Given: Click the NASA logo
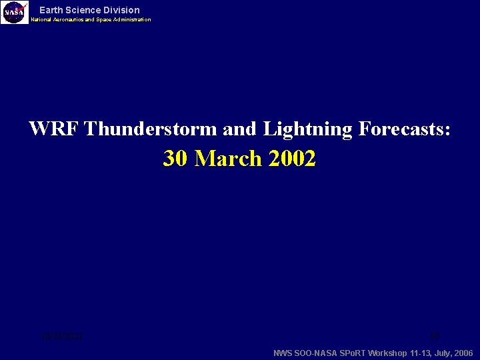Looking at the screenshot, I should [15, 12].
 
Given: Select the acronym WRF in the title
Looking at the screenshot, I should [53, 129].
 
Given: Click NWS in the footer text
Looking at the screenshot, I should [283, 353].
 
